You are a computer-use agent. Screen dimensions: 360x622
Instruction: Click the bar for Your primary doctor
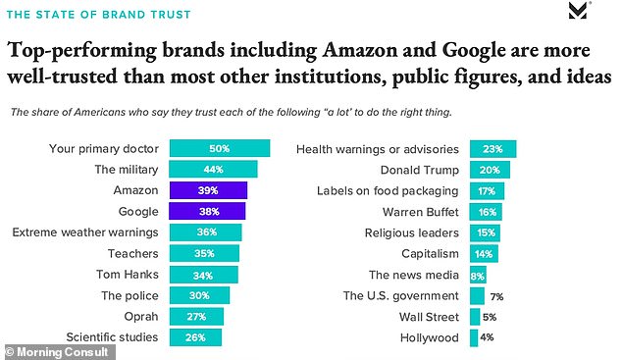[219, 149]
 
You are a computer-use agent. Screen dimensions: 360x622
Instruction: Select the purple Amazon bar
[208, 190]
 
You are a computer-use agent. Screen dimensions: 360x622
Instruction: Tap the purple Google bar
[207, 212]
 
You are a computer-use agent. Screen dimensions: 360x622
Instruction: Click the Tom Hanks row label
[129, 274]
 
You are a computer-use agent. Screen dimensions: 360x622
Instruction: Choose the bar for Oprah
[196, 316]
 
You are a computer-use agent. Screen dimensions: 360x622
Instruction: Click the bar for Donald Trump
[490, 170]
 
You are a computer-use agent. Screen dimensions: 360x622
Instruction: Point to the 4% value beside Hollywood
[487, 337]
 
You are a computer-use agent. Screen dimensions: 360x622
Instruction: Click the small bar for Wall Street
[475, 316]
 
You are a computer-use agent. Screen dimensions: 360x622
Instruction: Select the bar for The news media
[478, 275]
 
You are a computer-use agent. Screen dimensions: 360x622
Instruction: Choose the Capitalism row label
[427, 253]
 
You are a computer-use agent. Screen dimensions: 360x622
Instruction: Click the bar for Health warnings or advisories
[492, 149]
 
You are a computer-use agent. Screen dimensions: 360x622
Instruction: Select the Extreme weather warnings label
[87, 232]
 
